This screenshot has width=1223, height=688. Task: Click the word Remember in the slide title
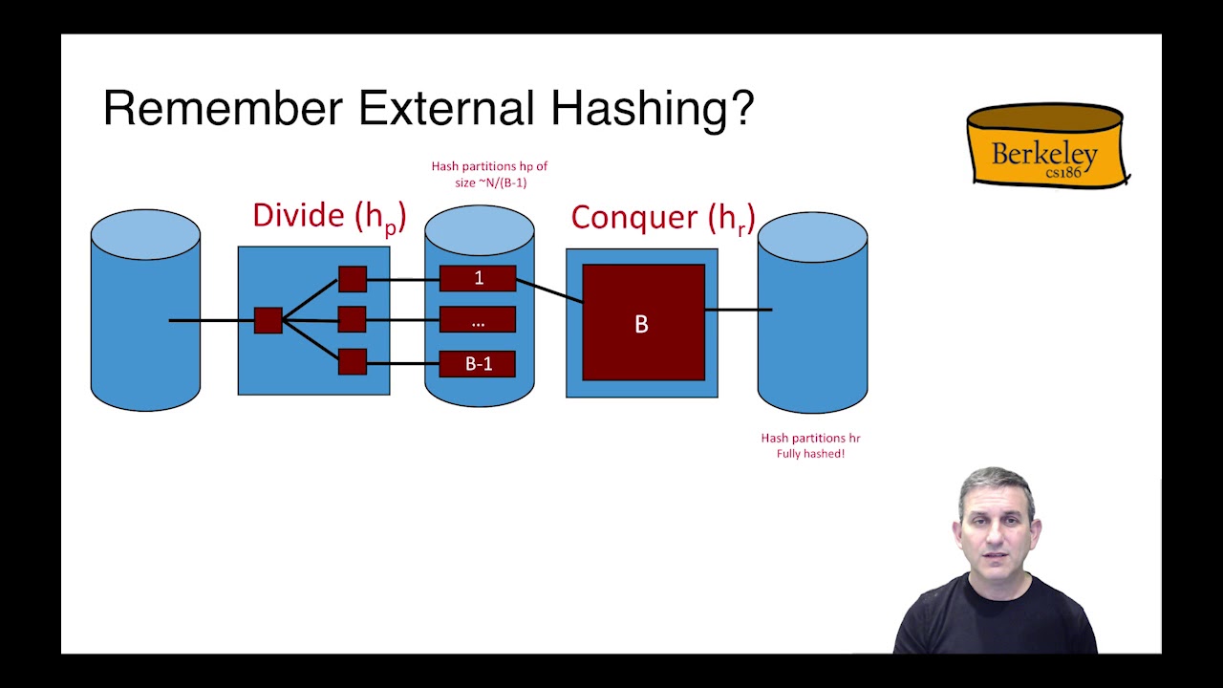[x=223, y=108]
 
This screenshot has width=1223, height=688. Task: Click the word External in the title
[x=446, y=108]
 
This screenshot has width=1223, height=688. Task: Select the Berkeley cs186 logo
[x=1048, y=145]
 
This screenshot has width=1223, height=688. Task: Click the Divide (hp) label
[x=330, y=217]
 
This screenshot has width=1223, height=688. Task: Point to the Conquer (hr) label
[x=663, y=220]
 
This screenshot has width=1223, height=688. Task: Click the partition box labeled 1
[x=478, y=278]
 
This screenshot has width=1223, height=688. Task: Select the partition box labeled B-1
[x=478, y=364]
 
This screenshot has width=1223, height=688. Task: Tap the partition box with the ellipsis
[x=478, y=319]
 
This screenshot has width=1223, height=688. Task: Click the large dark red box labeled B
[x=644, y=323]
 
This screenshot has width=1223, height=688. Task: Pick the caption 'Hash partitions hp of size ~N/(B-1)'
[x=490, y=174]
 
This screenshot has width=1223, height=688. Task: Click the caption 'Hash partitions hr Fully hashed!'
[x=811, y=445]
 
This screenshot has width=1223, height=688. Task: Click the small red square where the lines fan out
[x=268, y=320]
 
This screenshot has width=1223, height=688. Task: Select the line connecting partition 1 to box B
[x=549, y=290]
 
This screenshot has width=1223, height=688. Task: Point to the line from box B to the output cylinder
[x=739, y=310]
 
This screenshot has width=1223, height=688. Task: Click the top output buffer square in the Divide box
[x=353, y=279]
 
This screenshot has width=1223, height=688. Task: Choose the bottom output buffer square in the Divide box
[x=353, y=361]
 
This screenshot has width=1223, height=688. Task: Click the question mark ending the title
[x=743, y=108]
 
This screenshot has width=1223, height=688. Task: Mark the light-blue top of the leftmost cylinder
[x=146, y=235]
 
